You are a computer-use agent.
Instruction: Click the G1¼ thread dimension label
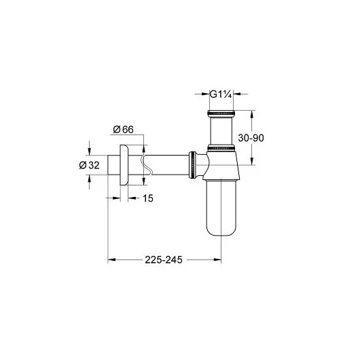(x=221, y=94)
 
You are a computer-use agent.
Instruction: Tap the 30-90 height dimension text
(x=251, y=138)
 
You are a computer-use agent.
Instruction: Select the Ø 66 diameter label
(x=124, y=130)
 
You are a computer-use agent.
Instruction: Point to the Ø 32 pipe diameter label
(x=89, y=165)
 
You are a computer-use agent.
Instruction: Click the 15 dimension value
(x=148, y=198)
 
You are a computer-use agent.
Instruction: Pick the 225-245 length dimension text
(x=164, y=259)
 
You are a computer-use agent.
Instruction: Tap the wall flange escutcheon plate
(x=124, y=165)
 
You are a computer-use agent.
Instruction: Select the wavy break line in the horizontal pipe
(x=146, y=165)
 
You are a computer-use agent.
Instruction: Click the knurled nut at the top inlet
(x=221, y=113)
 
